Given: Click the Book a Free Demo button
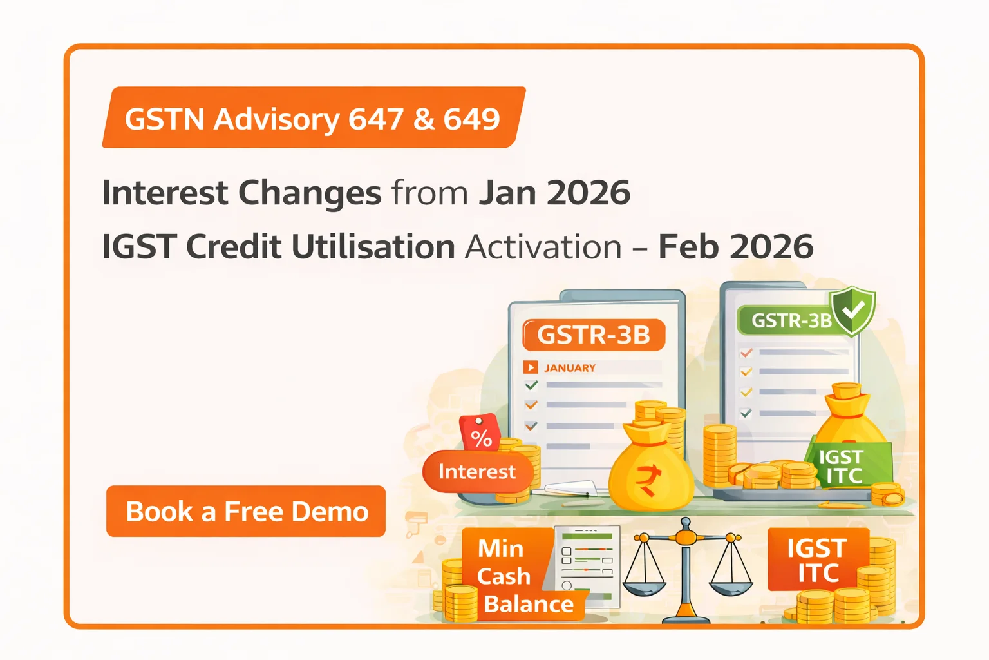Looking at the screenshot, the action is click(246, 511).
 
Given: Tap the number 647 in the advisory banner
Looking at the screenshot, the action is click(376, 119).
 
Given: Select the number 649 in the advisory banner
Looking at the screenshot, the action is click(471, 119).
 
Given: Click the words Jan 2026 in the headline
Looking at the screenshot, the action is click(554, 193).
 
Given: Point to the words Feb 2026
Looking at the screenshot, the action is click(735, 246).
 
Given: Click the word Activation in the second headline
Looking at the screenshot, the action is click(543, 247).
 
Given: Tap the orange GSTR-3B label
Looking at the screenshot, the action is click(594, 335).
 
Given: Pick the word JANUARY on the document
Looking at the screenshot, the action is click(570, 368).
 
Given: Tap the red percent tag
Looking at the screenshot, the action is click(480, 432).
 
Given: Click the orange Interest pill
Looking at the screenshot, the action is click(477, 472).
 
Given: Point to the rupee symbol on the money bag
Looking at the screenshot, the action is click(648, 481).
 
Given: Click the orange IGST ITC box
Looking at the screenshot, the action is click(818, 559).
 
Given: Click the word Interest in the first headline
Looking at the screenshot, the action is click(165, 193).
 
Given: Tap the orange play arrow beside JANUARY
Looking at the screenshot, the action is click(531, 367).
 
